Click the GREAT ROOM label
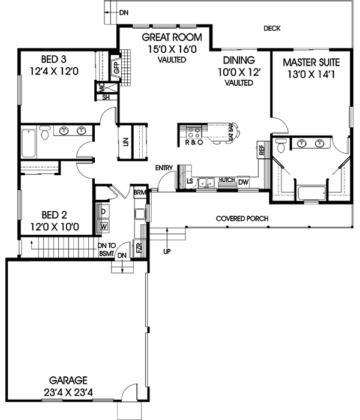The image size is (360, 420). click(x=170, y=37)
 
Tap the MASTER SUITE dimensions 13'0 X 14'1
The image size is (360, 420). click(x=311, y=74)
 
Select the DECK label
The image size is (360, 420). click(x=272, y=28)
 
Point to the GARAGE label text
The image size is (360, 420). click(x=70, y=380)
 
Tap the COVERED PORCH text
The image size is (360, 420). click(x=242, y=218)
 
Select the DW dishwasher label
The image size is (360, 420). click(x=243, y=182)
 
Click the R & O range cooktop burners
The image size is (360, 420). click(x=194, y=133)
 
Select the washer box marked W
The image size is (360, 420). click(x=103, y=226)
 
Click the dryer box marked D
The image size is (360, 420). click(x=103, y=212)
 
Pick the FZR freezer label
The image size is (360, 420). click(x=139, y=247)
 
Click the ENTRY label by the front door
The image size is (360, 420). click(x=164, y=167)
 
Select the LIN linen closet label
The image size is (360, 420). click(x=125, y=142)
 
